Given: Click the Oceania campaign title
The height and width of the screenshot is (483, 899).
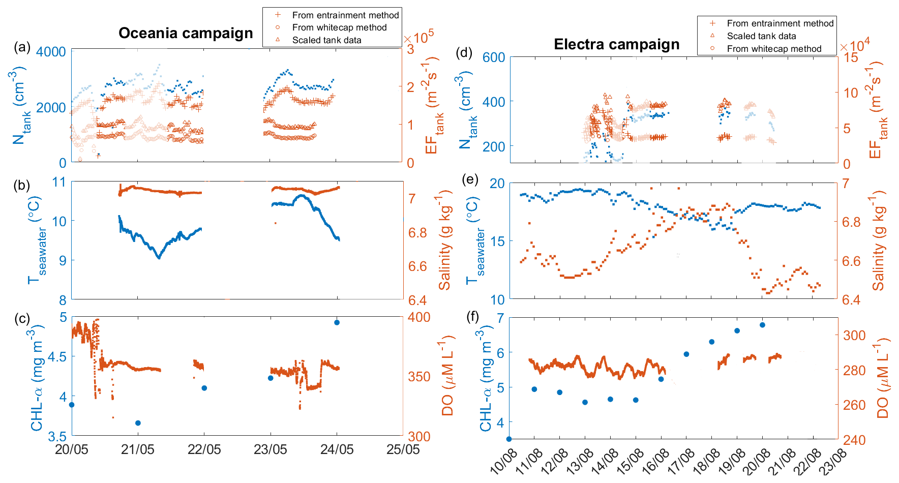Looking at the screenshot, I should [x=186, y=33].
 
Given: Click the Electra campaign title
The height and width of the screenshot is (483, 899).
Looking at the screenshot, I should [x=616, y=44].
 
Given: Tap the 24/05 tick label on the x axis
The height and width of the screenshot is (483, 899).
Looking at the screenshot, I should [x=337, y=449].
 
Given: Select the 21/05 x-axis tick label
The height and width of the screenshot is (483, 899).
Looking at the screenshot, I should [x=138, y=449].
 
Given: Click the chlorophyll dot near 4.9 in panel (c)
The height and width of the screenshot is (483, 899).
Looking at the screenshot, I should [x=337, y=322].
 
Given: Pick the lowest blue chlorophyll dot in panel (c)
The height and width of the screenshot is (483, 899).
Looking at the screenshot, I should [x=138, y=423].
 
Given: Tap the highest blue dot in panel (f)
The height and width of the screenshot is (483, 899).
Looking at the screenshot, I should [x=762, y=325].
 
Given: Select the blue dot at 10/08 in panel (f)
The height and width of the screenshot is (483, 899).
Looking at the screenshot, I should [x=509, y=439].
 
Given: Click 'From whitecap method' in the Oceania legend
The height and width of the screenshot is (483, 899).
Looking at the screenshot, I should [x=339, y=27].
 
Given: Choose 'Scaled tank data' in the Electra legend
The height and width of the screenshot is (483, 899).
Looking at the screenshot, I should [x=761, y=36].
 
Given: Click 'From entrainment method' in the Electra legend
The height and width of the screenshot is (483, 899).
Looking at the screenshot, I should [x=780, y=23].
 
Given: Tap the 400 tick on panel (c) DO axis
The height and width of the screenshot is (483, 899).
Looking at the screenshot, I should [x=419, y=317].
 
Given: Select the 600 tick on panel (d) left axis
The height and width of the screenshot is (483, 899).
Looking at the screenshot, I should [x=494, y=57].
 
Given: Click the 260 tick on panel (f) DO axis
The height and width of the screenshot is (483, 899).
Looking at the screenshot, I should [x=854, y=405].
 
